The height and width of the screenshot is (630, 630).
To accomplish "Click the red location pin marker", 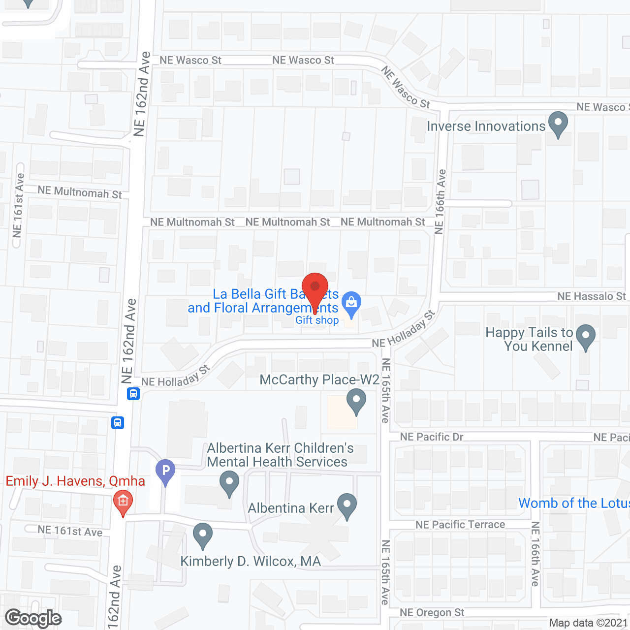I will click(x=315, y=287).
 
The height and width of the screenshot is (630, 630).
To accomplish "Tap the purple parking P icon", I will click(x=165, y=471).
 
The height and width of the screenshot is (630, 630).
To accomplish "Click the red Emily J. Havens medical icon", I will click(x=123, y=502).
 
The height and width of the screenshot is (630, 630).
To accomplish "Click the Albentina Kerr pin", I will click(x=347, y=505).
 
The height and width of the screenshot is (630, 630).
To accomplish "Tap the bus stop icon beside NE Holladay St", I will click(x=133, y=394).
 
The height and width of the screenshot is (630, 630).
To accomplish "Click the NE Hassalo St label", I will click(x=591, y=296).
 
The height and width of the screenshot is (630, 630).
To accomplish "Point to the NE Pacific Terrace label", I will click(x=460, y=525).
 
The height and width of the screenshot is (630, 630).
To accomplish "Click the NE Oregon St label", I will click(x=432, y=613).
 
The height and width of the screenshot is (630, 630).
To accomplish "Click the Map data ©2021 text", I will click(x=588, y=623).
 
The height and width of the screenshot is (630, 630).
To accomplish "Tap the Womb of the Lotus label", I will click(x=574, y=503).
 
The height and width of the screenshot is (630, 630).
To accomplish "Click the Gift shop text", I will click(x=317, y=320).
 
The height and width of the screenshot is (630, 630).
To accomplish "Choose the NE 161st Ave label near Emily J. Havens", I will click(x=70, y=531).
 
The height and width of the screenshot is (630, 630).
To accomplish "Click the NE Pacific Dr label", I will click(x=432, y=437).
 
